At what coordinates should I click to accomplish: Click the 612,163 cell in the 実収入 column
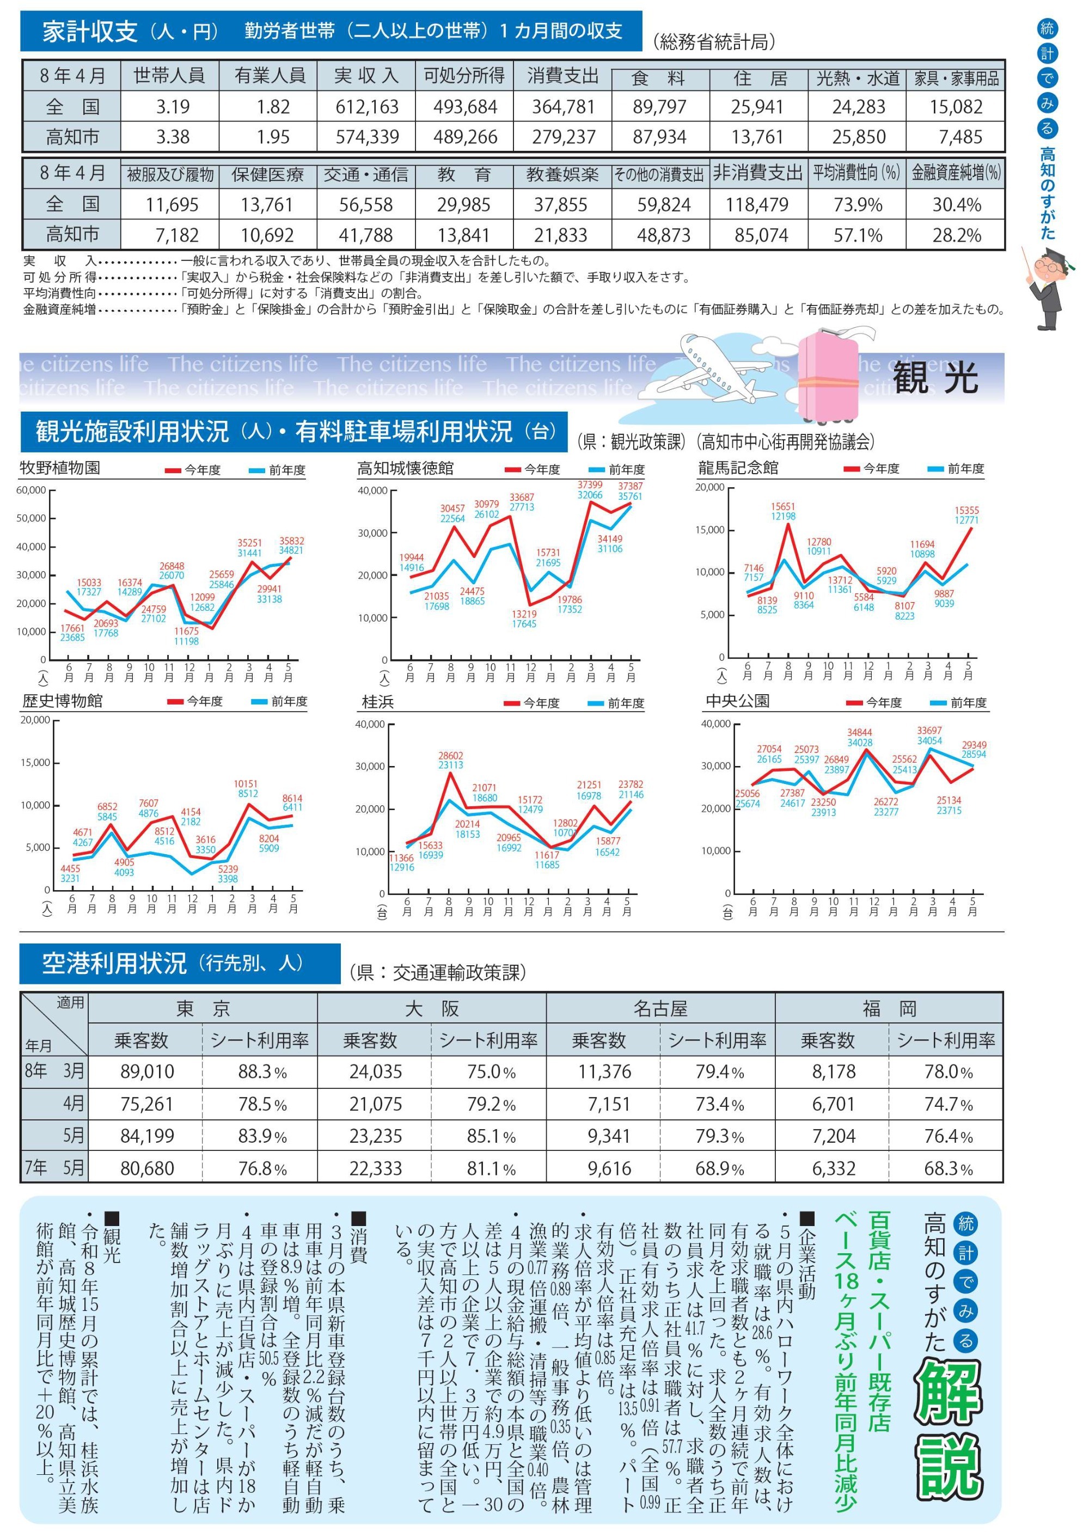coord(367,107)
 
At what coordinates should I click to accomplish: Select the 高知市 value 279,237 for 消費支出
coord(563,137)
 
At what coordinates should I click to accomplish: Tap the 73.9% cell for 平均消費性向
coord(858,205)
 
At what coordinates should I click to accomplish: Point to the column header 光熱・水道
coord(858,78)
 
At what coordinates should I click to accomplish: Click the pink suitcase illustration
coord(828,377)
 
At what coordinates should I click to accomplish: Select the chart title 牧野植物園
coord(60,467)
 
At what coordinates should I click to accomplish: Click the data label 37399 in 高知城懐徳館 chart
coord(590,485)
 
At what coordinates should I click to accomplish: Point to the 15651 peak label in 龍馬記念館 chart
coord(783,506)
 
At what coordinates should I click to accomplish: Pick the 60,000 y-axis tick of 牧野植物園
coord(31,490)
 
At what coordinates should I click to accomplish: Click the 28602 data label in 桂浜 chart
coord(451,756)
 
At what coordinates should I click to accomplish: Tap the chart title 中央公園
coord(738,701)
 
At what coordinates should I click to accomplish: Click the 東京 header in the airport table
coord(203,1009)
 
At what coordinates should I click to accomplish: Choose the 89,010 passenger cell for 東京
coord(147,1071)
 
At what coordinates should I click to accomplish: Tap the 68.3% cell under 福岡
coord(948,1169)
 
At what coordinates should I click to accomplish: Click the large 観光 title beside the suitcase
coord(935,377)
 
